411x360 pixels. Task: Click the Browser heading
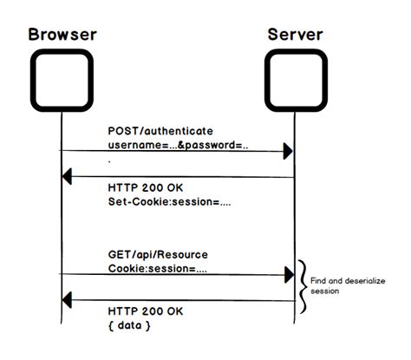click(x=62, y=35)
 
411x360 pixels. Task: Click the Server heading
click(x=294, y=35)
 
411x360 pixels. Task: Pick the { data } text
click(x=129, y=324)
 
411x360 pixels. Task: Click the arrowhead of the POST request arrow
click(x=289, y=152)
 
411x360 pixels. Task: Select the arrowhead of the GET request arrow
click(x=289, y=275)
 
